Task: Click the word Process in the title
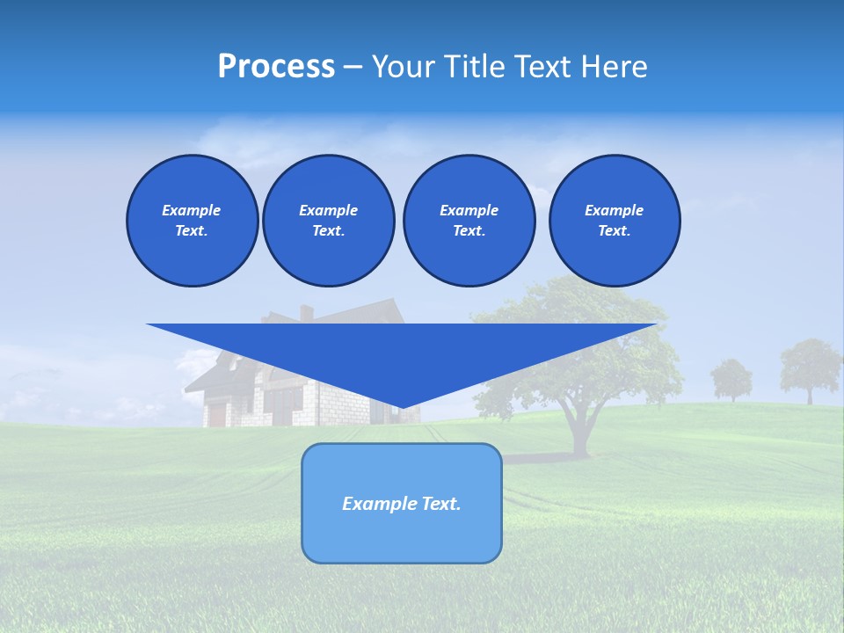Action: click(276, 67)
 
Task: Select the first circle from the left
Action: click(192, 221)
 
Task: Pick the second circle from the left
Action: click(328, 221)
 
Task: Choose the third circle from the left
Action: click(469, 221)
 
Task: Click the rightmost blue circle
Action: click(614, 221)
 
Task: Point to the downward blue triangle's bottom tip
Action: click(403, 407)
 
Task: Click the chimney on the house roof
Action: click(306, 312)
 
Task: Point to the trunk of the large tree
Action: click(580, 431)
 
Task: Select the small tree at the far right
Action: click(809, 367)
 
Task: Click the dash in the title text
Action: click(352, 67)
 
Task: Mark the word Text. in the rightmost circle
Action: click(614, 231)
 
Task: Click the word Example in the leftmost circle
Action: click(192, 210)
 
